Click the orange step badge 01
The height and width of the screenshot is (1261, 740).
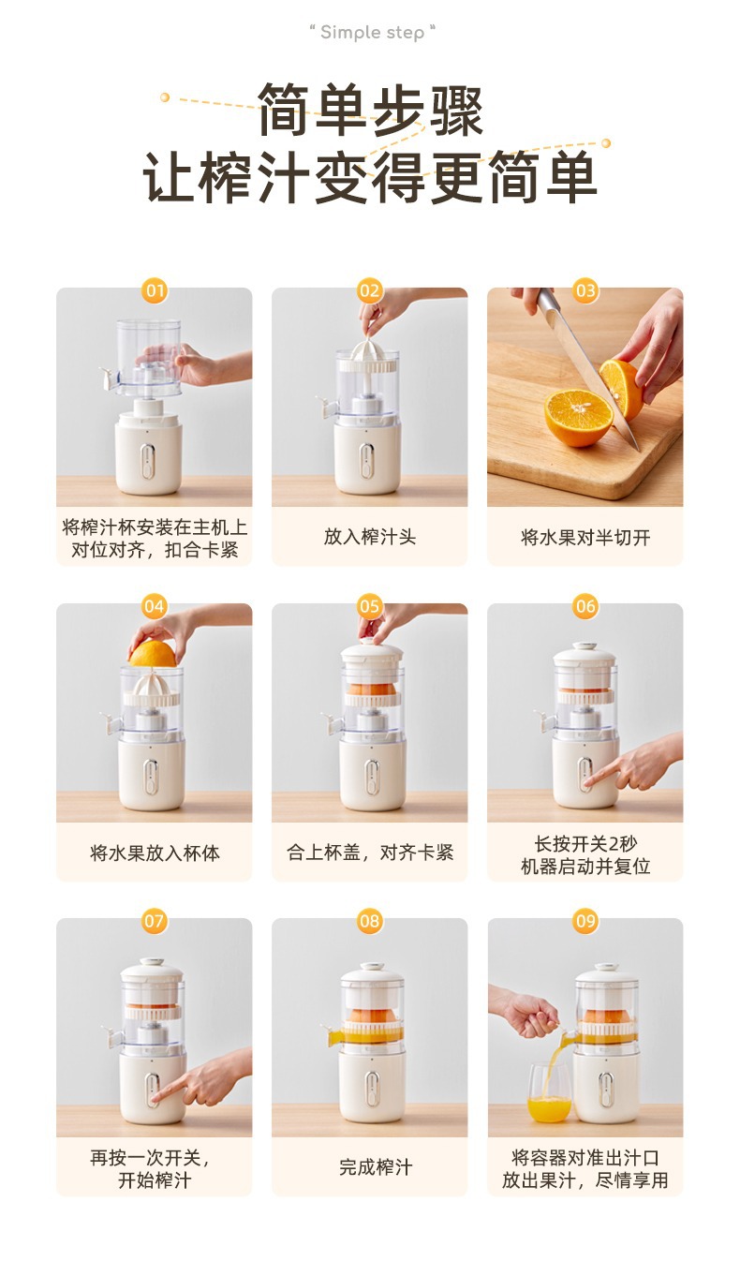click(x=155, y=290)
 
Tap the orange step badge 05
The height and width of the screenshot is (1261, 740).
click(x=370, y=606)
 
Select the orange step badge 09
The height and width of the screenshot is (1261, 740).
click(x=585, y=921)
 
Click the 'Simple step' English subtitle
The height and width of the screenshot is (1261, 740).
click(x=372, y=33)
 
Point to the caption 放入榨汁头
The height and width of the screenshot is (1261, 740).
click(x=370, y=537)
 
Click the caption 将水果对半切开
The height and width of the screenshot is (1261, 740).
click(x=585, y=538)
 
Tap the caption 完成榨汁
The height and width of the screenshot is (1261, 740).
click(x=376, y=1167)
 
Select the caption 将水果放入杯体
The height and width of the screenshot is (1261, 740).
click(x=155, y=853)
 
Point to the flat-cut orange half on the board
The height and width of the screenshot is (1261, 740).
click(x=579, y=417)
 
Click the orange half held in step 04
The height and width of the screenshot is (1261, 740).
click(x=153, y=654)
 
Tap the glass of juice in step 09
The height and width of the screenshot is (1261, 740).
click(x=549, y=1092)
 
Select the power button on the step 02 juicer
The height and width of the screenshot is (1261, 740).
click(x=367, y=461)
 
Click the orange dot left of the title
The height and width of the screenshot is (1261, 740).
click(x=165, y=96)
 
